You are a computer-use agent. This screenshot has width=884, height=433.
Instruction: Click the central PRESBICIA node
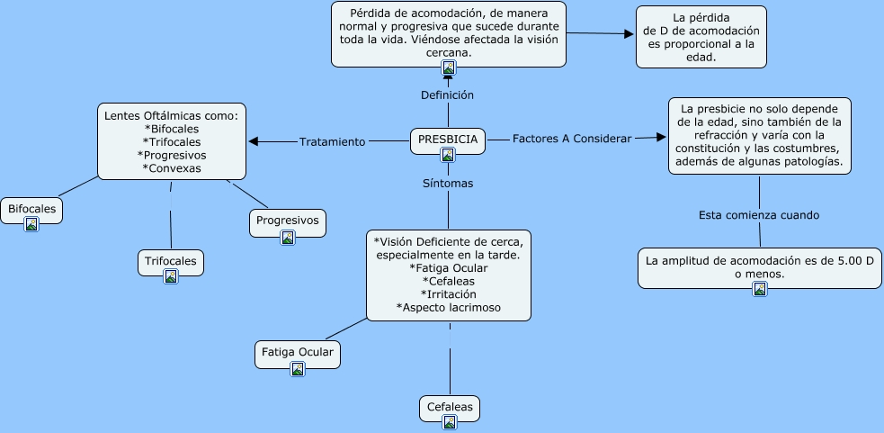click(x=448, y=140)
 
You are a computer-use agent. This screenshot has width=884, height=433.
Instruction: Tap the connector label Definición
click(x=447, y=95)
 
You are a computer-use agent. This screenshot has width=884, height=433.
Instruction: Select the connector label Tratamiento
click(x=332, y=141)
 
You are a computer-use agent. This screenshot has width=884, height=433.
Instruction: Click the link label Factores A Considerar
click(x=571, y=139)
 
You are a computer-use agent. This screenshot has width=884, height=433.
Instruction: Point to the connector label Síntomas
click(x=447, y=183)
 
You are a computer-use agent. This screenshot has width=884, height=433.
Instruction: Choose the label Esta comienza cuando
click(x=759, y=215)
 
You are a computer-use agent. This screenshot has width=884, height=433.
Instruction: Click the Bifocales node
click(x=31, y=209)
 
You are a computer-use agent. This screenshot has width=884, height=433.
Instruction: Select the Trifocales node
click(x=171, y=262)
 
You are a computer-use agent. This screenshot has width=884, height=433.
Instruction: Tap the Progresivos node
click(x=287, y=220)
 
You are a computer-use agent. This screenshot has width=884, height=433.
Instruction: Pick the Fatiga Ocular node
click(x=298, y=352)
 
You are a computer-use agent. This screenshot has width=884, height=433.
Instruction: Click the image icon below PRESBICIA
click(x=448, y=155)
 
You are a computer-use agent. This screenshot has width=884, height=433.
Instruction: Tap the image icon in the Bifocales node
click(x=31, y=223)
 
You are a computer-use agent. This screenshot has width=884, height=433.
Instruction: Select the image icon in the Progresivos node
click(x=288, y=238)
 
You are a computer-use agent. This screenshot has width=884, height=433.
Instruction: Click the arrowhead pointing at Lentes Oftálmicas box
click(x=254, y=141)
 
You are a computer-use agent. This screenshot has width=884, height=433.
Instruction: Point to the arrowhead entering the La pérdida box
click(x=630, y=34)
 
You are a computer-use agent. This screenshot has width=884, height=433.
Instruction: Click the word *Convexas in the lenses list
click(x=172, y=167)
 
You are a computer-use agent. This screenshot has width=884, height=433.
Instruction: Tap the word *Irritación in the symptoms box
click(x=448, y=293)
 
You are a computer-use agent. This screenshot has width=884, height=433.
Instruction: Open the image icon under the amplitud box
click(x=760, y=288)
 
